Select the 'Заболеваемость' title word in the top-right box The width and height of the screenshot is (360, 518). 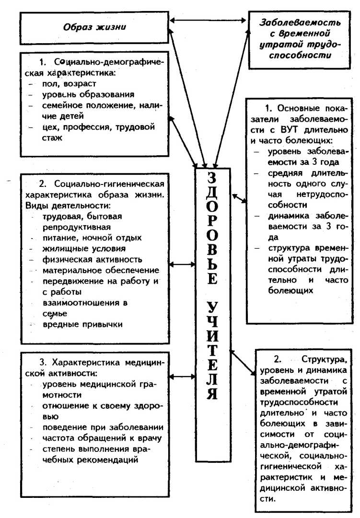(x=301, y=23)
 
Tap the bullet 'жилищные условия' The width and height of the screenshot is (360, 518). (x=84, y=249)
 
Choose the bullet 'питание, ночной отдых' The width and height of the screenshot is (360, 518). (x=92, y=238)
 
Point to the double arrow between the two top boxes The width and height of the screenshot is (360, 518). (x=209, y=20)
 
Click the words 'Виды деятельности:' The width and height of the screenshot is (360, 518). (x=66, y=206)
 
